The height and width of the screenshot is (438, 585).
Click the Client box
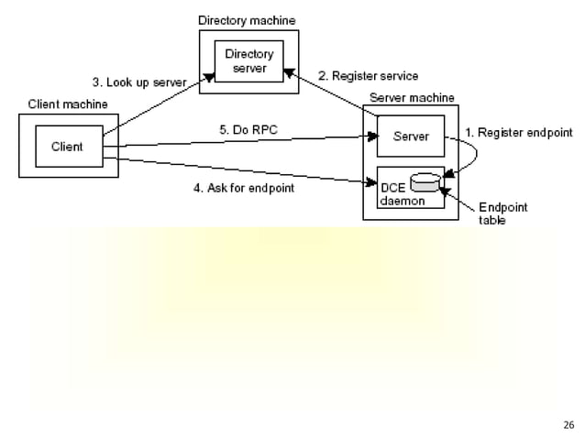[67, 147]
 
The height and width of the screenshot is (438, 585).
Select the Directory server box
[249, 62]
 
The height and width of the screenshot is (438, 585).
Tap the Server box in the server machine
[410, 136]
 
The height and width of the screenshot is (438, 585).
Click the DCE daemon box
[410, 189]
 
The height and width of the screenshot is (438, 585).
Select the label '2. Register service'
[368, 75]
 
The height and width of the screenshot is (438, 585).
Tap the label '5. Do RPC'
[248, 130]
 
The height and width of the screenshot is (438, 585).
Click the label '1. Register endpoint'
[519, 133]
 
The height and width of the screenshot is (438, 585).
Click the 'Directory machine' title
[248, 19]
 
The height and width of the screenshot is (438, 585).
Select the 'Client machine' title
[68, 104]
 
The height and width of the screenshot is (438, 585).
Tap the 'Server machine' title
[411, 97]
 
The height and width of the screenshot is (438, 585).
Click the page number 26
[568, 425]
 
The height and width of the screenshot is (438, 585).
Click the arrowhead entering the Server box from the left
[373, 137]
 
